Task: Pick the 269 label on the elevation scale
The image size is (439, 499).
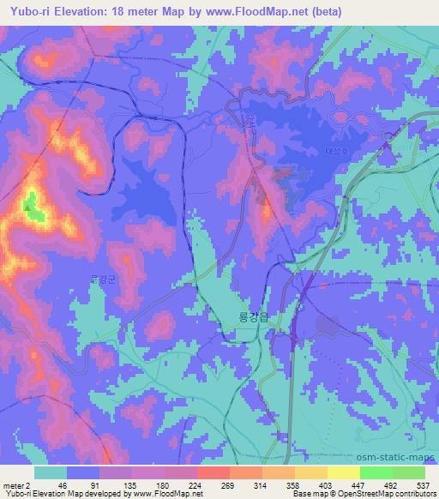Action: (x=216, y=485)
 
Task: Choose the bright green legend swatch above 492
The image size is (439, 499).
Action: (x=376, y=472)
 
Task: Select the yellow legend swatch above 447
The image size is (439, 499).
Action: (x=343, y=472)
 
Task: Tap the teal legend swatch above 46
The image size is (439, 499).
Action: (x=50, y=472)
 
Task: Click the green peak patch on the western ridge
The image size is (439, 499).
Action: (x=34, y=209)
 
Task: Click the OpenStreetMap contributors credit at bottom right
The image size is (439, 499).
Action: (x=387, y=495)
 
